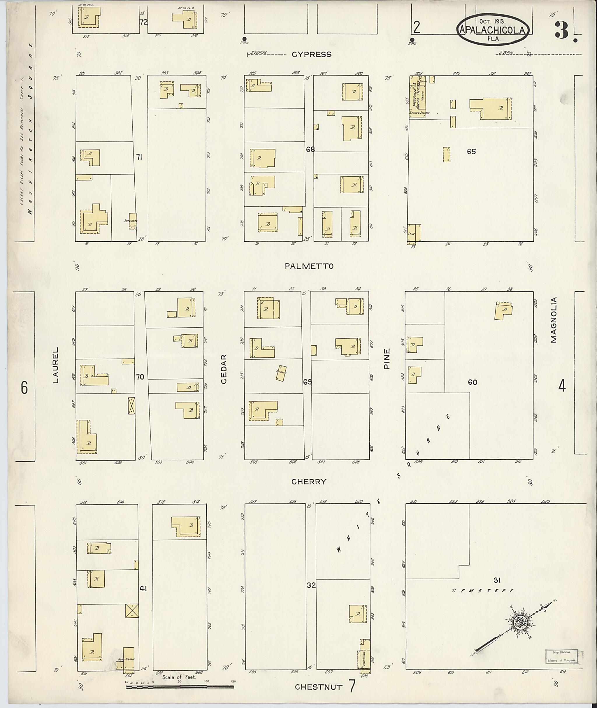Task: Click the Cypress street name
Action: (311, 55)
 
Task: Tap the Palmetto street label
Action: (309, 266)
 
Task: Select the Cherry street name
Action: (309, 482)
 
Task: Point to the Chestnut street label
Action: (318, 687)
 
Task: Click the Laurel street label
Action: (55, 365)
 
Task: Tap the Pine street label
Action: (387, 359)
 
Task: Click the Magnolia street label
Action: (553, 320)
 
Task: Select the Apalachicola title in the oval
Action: (492, 30)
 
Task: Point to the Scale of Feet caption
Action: (179, 677)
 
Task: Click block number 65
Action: (471, 152)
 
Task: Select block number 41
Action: (143, 588)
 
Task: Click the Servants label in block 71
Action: (130, 221)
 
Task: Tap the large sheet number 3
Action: (562, 30)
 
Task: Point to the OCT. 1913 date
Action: (492, 21)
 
